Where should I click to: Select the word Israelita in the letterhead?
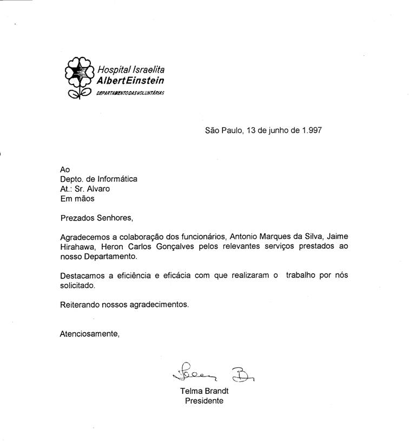tap(151, 70)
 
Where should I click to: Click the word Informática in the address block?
tap(117, 179)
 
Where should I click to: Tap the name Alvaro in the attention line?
tap(100, 189)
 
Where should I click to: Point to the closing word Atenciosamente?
tap(89, 334)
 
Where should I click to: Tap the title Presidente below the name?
tap(204, 401)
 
